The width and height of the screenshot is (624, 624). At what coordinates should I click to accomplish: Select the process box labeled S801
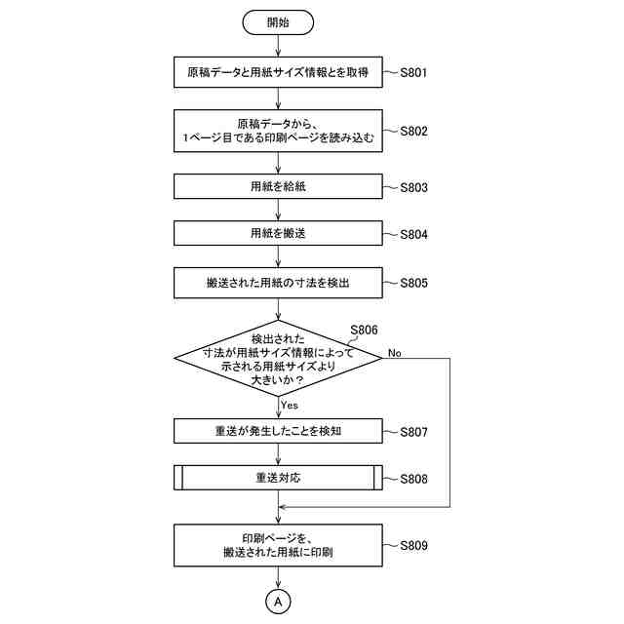point(278,72)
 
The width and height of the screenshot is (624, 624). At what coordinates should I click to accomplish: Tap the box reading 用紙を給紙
point(278,186)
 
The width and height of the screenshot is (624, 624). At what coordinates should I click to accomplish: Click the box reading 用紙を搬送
point(278,234)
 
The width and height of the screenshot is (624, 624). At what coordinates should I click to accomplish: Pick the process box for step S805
point(278,283)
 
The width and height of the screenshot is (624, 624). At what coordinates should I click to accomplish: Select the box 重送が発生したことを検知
point(278,431)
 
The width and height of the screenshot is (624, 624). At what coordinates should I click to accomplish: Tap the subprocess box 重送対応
point(278,479)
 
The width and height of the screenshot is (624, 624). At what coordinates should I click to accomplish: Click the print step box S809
point(278,545)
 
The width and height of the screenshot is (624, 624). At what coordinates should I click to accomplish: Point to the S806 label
point(363,331)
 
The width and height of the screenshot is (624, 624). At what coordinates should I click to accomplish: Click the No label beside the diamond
point(395,352)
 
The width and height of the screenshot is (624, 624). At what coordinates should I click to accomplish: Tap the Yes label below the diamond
point(290,405)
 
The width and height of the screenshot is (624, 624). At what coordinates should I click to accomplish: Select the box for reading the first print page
point(278,131)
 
